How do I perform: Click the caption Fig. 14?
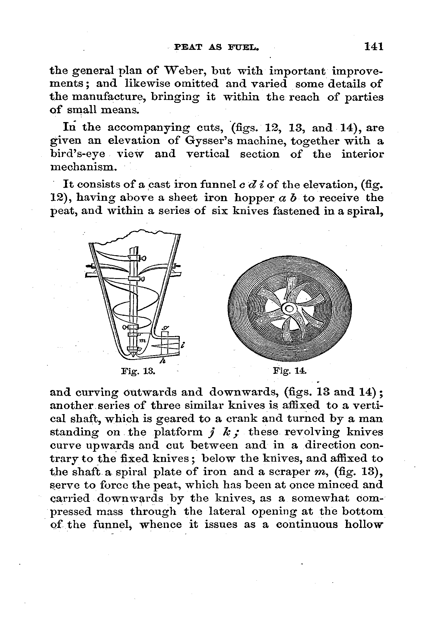tap(290, 370)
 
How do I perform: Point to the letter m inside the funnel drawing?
tap(142, 340)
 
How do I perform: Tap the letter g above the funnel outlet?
tap(165, 328)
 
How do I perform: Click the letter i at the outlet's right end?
tap(183, 345)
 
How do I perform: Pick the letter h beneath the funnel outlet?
tap(163, 361)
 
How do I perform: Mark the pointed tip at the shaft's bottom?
tap(133, 354)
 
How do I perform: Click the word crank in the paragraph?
tap(240, 418)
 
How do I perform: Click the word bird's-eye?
tap(78, 154)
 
